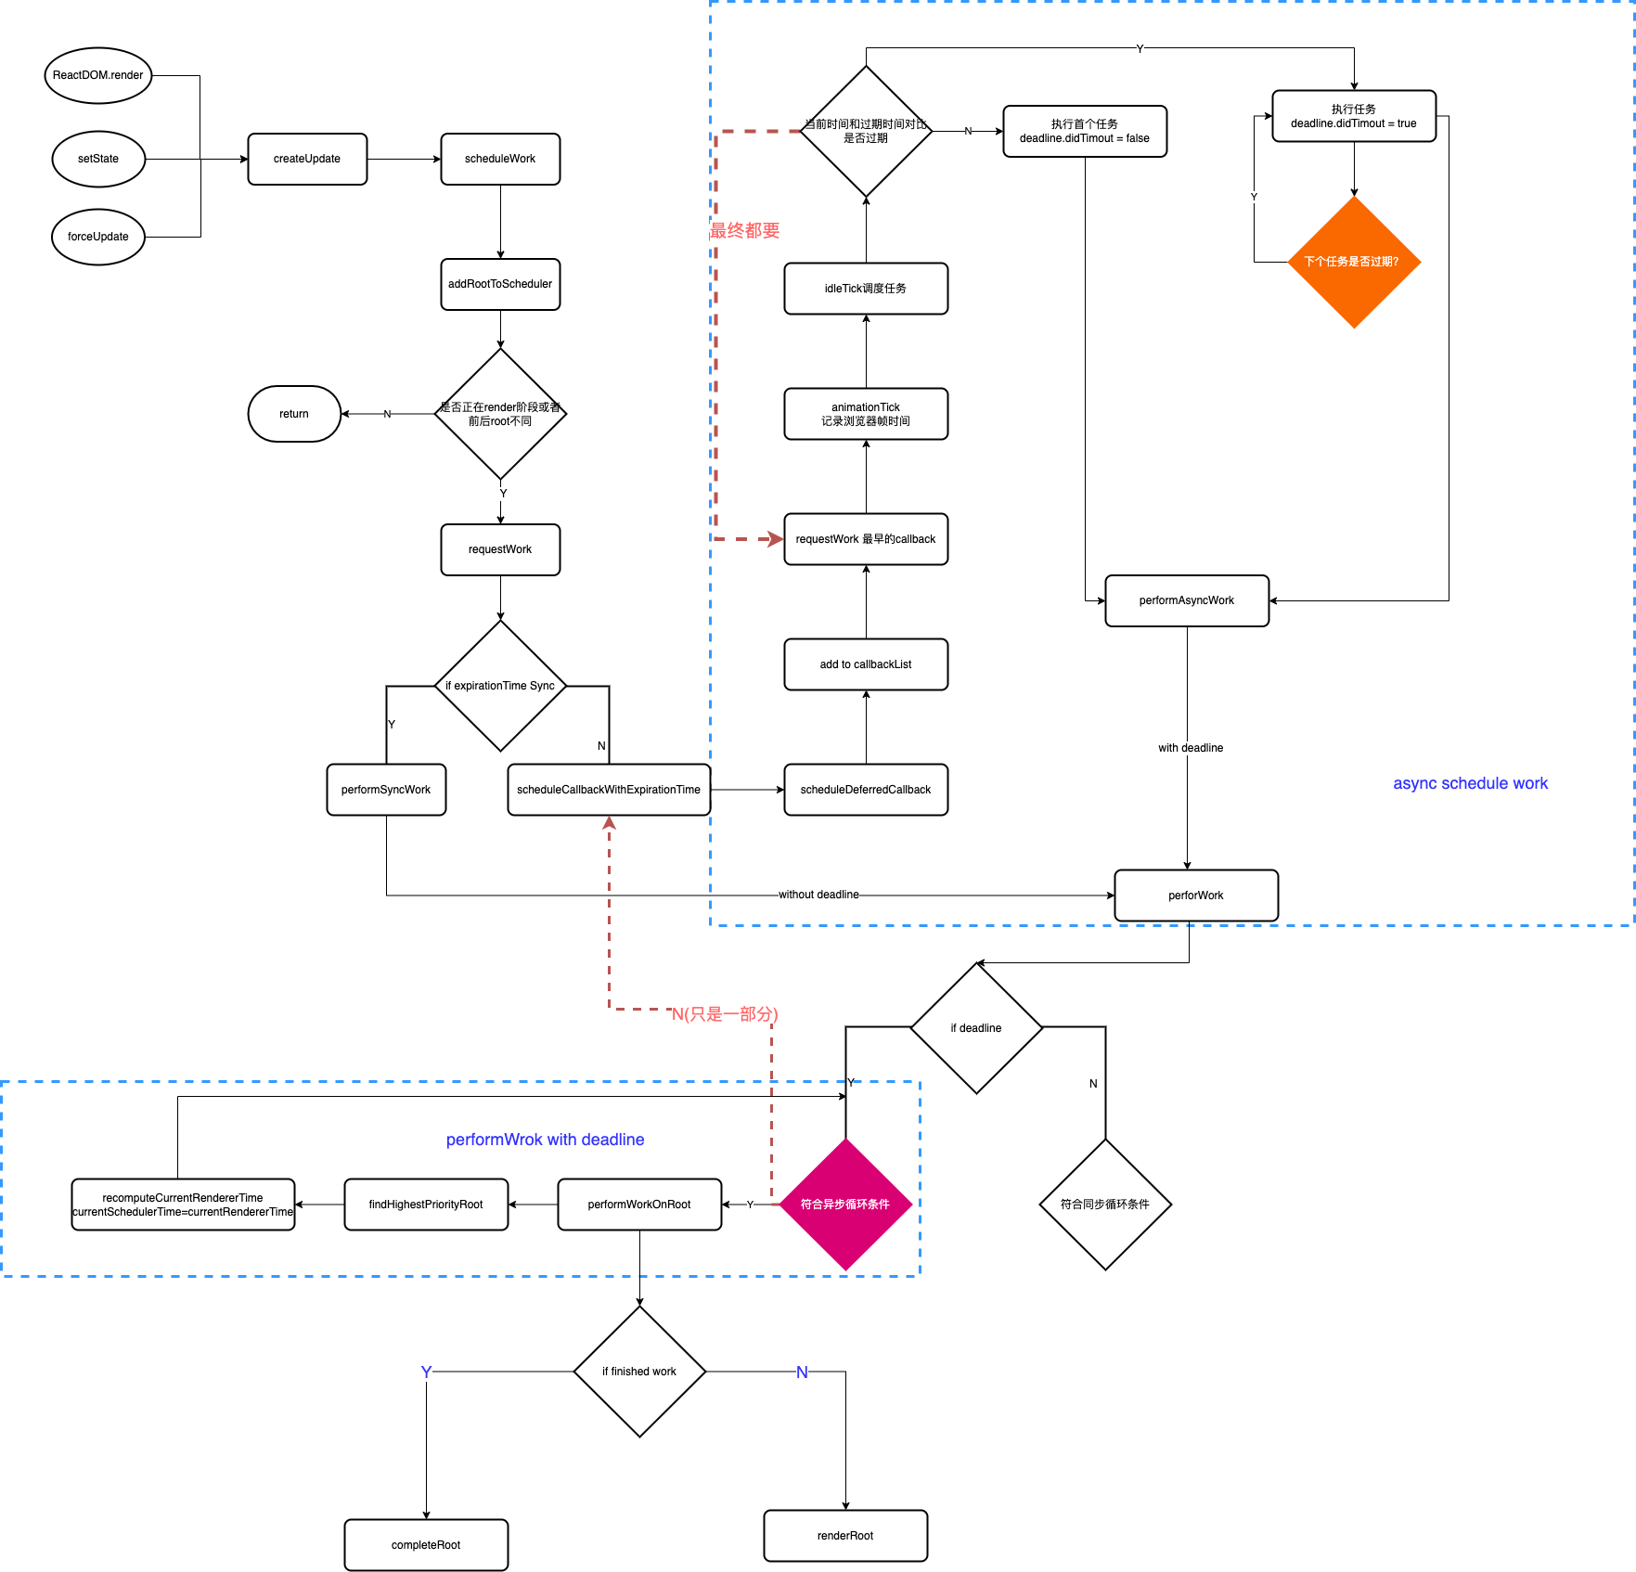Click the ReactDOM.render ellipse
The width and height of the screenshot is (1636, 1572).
(x=97, y=75)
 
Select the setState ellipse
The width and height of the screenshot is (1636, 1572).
(x=97, y=159)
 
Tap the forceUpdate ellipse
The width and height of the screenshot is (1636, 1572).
(x=97, y=237)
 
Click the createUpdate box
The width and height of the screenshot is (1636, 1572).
(x=307, y=159)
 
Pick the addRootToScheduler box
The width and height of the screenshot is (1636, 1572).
(x=500, y=284)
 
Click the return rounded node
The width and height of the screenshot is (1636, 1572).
(x=294, y=414)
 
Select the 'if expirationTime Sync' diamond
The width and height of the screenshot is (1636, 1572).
(x=500, y=686)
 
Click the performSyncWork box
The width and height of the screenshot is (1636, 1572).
(x=386, y=790)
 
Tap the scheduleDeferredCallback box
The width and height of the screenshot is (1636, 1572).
(x=866, y=790)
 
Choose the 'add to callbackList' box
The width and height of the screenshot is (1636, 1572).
(x=866, y=664)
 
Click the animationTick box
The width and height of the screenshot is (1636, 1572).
(x=866, y=414)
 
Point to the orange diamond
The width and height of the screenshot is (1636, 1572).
(x=1354, y=262)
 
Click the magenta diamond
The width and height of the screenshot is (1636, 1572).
(x=845, y=1205)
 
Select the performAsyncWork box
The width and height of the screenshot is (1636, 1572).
(x=1187, y=600)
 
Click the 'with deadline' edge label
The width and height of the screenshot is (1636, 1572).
(x=1191, y=748)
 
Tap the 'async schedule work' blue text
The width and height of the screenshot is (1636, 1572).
(x=1470, y=783)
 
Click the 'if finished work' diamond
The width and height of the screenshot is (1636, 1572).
(x=639, y=1372)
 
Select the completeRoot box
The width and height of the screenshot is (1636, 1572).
(x=426, y=1545)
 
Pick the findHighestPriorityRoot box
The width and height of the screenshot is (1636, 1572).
(x=426, y=1205)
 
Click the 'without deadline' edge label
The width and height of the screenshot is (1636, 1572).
(x=818, y=895)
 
